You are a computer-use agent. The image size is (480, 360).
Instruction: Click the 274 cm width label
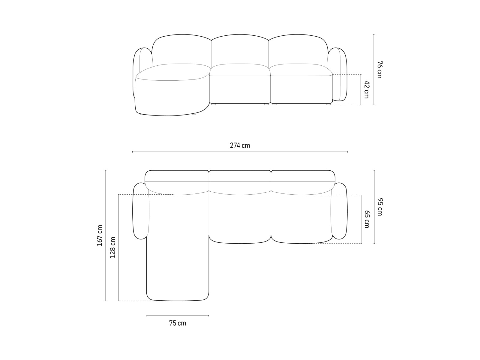pyautogui.click(x=240, y=145)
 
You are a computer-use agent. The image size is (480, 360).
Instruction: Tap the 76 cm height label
pyautogui.click(x=379, y=69)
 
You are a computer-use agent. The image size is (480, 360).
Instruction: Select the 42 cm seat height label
pyautogui.click(x=367, y=89)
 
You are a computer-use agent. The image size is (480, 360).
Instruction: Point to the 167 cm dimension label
pyautogui.click(x=100, y=235)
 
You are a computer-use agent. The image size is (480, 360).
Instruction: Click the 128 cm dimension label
pyautogui.click(x=113, y=247)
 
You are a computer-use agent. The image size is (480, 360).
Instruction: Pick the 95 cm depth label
pyautogui.click(x=379, y=207)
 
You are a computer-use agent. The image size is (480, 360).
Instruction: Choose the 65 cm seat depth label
pyautogui.click(x=367, y=219)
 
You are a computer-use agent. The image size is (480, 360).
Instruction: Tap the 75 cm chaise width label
pyautogui.click(x=177, y=323)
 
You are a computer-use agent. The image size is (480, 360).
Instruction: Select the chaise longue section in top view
pyautogui.click(x=178, y=255)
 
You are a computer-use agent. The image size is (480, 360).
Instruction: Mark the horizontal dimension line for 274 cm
pyautogui.click(x=240, y=152)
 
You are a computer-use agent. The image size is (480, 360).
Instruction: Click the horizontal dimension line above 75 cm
pyautogui.click(x=178, y=316)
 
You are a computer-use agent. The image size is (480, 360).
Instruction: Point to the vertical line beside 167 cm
pyautogui.click(x=106, y=235)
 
